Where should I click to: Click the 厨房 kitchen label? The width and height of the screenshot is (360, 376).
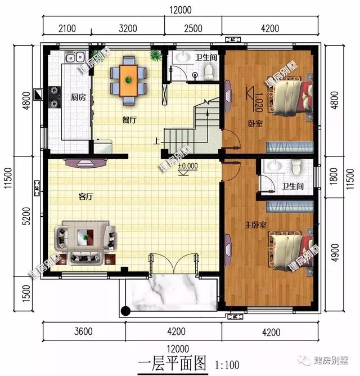78,97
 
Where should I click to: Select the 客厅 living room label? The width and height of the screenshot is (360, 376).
85,196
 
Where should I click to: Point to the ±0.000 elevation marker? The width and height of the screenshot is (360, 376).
187,167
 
